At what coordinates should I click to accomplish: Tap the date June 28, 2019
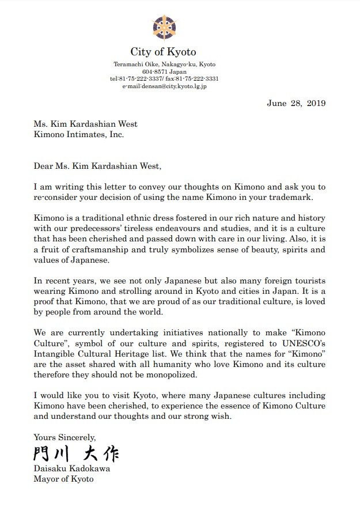[297, 104]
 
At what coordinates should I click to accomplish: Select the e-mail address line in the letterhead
[165, 86]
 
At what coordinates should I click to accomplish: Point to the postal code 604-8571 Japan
[165, 71]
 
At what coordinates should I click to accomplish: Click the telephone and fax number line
[165, 78]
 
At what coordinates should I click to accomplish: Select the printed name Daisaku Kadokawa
[71, 469]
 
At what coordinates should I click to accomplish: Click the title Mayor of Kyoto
[63, 479]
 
